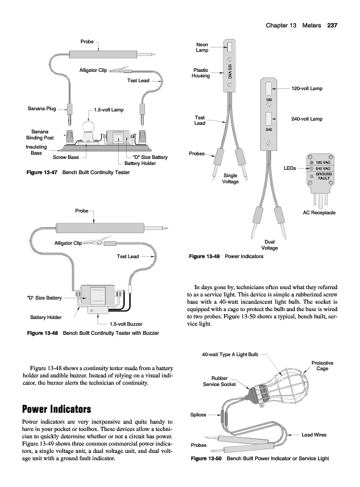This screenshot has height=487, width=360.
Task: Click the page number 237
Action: tap(332, 26)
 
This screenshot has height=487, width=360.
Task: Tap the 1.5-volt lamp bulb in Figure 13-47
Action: tap(89, 127)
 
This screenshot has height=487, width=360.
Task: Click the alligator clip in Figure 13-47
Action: tap(118, 69)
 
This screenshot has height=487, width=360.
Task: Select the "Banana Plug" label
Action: tap(42, 108)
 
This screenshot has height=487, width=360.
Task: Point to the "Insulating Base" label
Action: tap(36, 150)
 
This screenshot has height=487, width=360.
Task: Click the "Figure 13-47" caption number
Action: tap(42, 172)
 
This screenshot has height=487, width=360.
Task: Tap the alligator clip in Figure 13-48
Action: tap(93, 242)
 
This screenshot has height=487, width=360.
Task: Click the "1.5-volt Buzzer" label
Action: tap(126, 324)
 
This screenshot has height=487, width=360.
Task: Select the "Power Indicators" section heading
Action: tap(57, 409)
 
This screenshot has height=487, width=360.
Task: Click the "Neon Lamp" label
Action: tap(202, 47)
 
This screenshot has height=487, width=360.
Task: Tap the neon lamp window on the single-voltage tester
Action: tap(230, 47)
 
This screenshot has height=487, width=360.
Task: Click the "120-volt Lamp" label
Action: tap(307, 88)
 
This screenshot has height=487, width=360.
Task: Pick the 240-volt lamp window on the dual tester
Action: tap(269, 119)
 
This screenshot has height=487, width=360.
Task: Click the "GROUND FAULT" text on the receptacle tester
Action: tap(323, 176)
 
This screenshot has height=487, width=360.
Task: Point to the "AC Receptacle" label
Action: tap(319, 212)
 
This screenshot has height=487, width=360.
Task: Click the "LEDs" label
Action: tap(290, 168)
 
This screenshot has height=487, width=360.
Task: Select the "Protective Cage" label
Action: tap(322, 366)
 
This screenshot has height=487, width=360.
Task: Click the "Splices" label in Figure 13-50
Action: tap(198, 415)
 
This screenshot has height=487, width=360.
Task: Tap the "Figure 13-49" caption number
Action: tap(204, 256)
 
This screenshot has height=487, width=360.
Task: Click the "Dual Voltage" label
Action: tap(269, 245)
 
